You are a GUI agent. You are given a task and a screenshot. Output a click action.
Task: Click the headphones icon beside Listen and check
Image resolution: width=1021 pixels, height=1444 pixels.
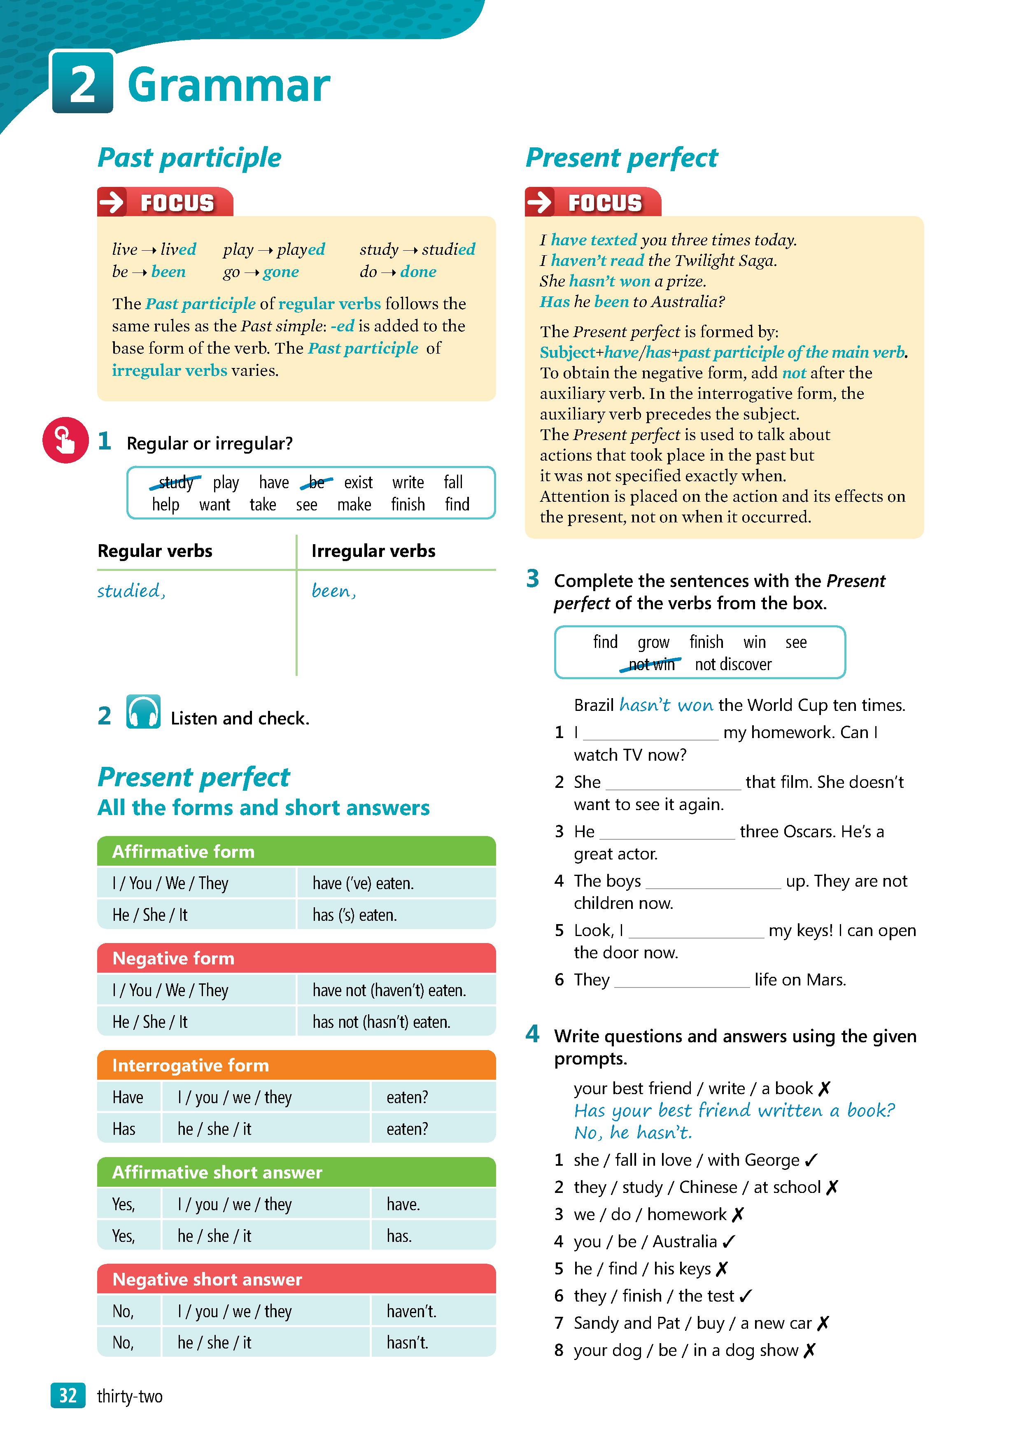click(143, 712)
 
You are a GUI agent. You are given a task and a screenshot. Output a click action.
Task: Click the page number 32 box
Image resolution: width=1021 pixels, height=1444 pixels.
click(68, 1395)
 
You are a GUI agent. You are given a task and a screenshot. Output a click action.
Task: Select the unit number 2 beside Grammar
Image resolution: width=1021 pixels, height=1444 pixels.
click(82, 83)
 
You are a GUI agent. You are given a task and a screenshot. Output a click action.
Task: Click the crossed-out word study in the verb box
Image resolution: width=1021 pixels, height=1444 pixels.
click(175, 482)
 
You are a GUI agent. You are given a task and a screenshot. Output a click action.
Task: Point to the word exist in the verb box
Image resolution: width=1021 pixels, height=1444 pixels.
click(358, 482)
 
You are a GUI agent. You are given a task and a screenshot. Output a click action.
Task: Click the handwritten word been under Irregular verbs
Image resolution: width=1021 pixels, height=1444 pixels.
click(333, 591)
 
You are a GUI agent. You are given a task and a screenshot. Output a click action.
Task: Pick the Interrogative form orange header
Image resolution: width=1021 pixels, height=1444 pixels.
click(296, 1065)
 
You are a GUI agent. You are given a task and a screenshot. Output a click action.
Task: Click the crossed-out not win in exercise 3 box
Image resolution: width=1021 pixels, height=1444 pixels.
click(651, 664)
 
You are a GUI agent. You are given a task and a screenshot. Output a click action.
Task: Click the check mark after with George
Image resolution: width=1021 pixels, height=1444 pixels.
click(811, 1160)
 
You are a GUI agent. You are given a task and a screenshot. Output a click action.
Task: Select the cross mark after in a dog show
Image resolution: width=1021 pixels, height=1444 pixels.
click(810, 1350)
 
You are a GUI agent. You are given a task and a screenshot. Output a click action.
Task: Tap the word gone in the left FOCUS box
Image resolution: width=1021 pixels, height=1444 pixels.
click(281, 272)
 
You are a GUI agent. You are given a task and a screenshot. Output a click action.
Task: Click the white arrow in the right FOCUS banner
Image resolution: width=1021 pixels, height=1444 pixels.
click(539, 202)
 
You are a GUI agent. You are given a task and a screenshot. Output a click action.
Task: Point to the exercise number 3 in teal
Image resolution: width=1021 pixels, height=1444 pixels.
click(532, 578)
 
